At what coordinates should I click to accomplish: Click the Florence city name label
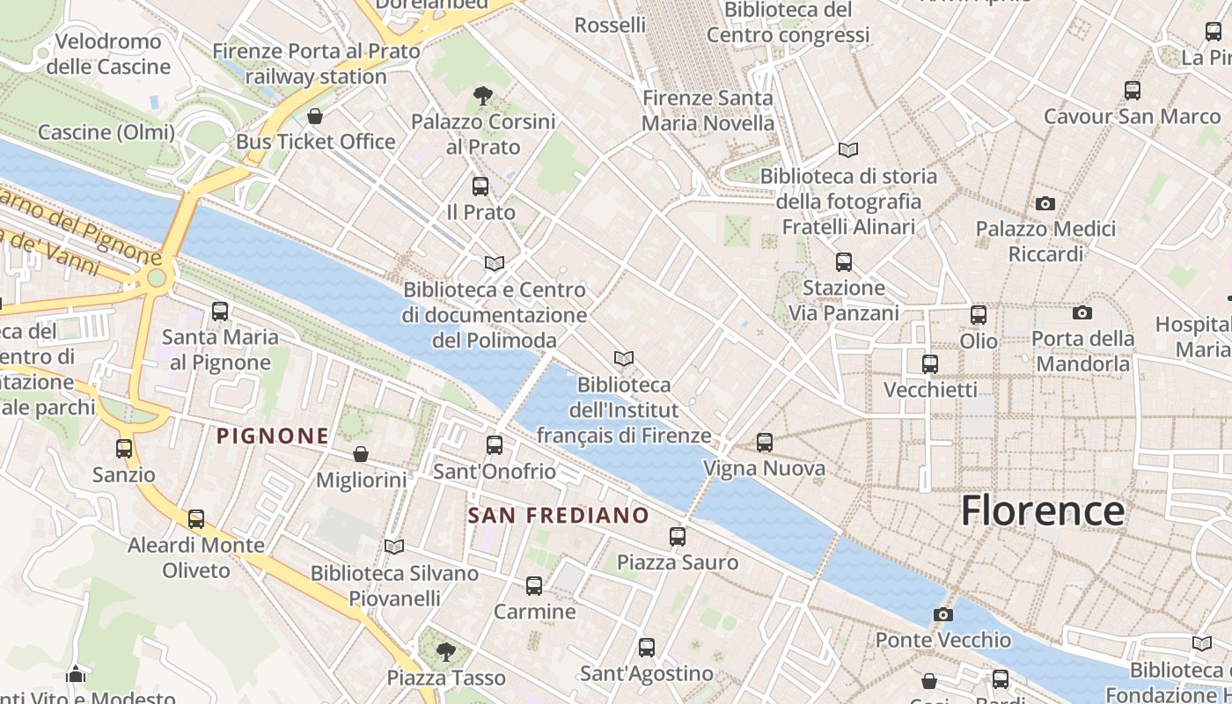click(x=1042, y=511)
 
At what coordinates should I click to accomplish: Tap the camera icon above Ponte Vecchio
click(x=943, y=614)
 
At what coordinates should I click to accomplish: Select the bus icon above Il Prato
click(x=480, y=187)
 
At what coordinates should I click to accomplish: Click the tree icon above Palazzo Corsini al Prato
click(x=482, y=95)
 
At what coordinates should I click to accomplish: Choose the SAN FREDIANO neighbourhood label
click(x=559, y=516)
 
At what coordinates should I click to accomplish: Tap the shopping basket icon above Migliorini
click(x=361, y=454)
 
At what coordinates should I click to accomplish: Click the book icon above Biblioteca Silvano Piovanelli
click(x=394, y=547)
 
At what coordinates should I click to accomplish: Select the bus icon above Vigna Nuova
click(x=765, y=443)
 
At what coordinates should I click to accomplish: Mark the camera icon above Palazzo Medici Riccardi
click(x=1045, y=204)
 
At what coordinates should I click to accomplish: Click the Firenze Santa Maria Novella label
click(x=708, y=111)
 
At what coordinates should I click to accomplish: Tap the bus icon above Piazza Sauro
click(x=678, y=536)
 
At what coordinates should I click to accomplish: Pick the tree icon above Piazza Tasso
click(x=446, y=652)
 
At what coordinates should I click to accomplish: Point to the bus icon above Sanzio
click(x=124, y=449)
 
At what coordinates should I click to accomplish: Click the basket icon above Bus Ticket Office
click(x=315, y=116)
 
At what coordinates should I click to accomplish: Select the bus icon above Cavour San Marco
click(x=1133, y=90)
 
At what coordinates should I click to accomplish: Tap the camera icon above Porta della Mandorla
click(x=1082, y=312)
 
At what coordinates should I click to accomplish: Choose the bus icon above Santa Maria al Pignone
click(x=220, y=312)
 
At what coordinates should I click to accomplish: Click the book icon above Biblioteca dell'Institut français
click(x=624, y=359)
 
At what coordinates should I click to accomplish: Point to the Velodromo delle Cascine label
click(x=108, y=54)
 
